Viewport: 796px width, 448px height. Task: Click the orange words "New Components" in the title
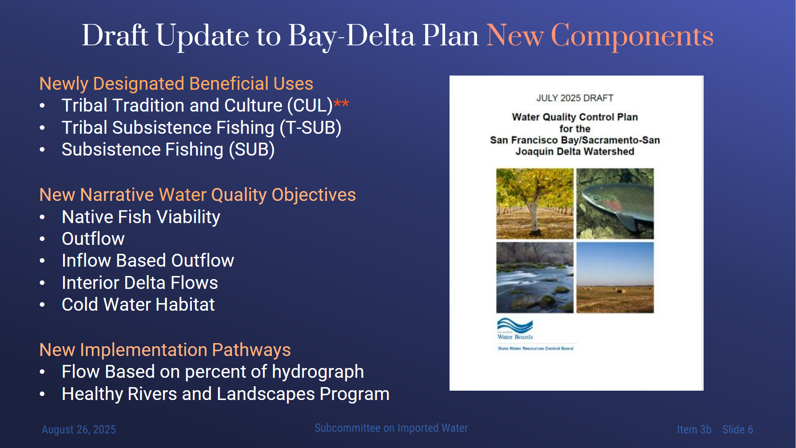[600, 36]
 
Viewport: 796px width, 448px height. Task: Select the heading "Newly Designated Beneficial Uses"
[176, 84]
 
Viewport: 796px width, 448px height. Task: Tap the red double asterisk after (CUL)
[341, 104]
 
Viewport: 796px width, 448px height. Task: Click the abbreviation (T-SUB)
[310, 128]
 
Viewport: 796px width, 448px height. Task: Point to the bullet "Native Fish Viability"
[141, 217]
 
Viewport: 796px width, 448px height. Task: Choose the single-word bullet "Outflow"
[93, 239]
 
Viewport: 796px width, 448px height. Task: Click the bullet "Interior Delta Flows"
[140, 283]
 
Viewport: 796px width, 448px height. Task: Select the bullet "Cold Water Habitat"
[138, 304]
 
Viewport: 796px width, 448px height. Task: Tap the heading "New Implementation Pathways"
[165, 350]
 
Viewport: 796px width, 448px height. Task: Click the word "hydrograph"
[318, 372]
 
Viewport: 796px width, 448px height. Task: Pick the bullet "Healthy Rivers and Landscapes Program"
[226, 394]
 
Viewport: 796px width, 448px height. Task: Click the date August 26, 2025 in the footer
[79, 430]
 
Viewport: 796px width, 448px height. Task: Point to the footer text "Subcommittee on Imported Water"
[391, 428]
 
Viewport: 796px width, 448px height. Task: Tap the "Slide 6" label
[738, 430]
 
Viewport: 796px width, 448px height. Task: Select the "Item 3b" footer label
[694, 430]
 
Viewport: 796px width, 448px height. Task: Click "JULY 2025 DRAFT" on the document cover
[575, 98]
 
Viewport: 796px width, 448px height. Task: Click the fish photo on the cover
[615, 204]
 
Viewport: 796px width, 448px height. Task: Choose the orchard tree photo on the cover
[535, 204]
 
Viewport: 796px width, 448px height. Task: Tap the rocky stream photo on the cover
[535, 277]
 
